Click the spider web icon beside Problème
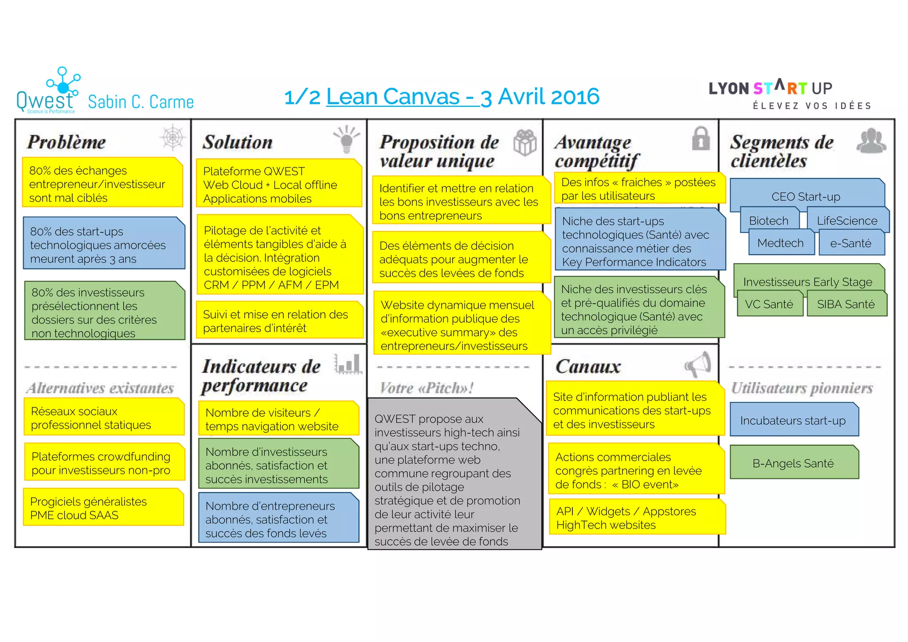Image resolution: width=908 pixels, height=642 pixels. (x=172, y=137)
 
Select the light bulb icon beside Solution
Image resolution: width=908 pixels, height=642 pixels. (x=347, y=139)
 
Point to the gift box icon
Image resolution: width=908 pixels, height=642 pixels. (x=525, y=143)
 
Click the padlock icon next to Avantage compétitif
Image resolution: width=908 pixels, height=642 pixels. (x=701, y=139)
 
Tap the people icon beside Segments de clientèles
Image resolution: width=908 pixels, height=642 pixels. (x=871, y=141)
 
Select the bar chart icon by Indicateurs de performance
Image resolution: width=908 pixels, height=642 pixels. (x=348, y=364)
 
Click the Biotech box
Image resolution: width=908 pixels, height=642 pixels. (x=769, y=221)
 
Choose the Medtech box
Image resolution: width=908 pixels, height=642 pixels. (x=780, y=243)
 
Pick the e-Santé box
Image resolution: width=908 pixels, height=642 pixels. (x=851, y=243)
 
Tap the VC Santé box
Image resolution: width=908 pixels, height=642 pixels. (x=769, y=305)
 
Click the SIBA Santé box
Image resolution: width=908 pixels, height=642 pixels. (x=846, y=305)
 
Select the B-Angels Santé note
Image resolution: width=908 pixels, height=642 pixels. (x=794, y=463)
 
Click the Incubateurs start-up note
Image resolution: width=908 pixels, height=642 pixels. (x=794, y=420)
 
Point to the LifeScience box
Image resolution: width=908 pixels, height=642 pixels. (x=847, y=221)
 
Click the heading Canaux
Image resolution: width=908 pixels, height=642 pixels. (x=588, y=367)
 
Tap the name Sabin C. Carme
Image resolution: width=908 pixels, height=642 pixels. (x=141, y=102)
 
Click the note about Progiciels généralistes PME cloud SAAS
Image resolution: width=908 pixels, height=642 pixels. (x=103, y=508)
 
